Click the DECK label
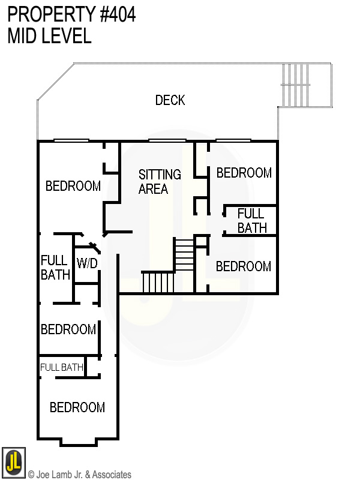[170, 100]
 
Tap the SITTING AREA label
[160, 181]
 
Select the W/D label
[87, 263]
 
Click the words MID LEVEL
[49, 36]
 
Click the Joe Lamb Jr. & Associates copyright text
[79, 475]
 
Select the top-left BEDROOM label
[73, 186]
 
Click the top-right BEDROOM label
[244, 173]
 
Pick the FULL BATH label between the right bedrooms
[251, 220]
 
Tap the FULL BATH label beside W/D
[55, 268]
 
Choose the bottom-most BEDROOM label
[77, 407]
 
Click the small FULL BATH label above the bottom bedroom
[62, 367]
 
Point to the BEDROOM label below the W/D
[68, 329]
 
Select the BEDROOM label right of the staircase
[243, 266]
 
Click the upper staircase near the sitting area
[184, 254]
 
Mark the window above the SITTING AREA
[167, 141]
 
